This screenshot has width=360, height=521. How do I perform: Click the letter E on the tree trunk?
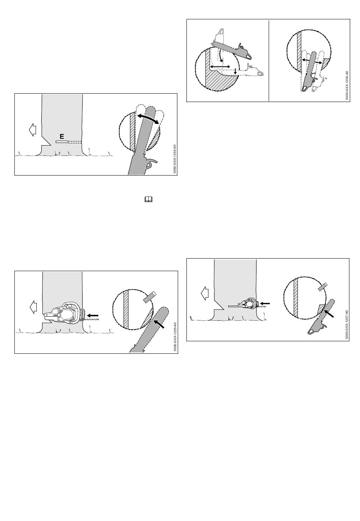(x=62, y=136)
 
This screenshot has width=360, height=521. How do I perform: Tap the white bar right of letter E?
(x=62, y=142)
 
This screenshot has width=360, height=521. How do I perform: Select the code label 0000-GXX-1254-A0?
(x=175, y=158)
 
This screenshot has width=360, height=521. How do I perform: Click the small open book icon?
(x=148, y=199)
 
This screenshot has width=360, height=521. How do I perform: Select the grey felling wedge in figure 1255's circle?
(x=149, y=297)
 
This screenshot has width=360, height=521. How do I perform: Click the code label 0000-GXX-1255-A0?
(x=175, y=337)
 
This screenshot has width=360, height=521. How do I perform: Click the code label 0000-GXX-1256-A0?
(x=347, y=85)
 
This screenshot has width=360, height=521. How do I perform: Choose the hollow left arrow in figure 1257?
(x=205, y=293)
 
